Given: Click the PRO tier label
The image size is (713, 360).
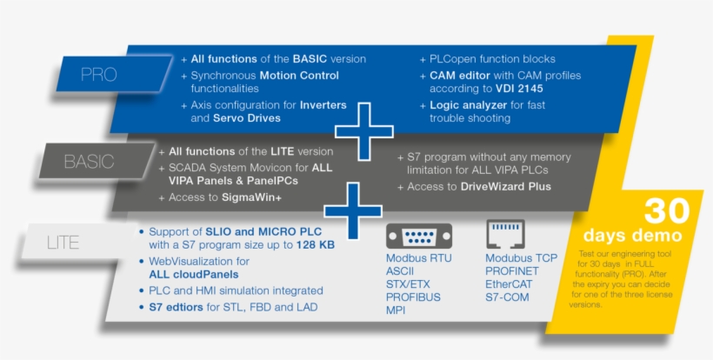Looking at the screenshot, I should tap(97, 75).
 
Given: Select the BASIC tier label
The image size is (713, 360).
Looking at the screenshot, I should tap(88, 162).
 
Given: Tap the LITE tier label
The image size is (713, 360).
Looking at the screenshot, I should tap(62, 243).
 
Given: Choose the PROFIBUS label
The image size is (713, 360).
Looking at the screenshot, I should tap(413, 297).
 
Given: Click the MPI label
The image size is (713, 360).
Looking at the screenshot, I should tap(396, 310).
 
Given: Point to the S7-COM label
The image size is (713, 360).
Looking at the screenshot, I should tap(507, 297).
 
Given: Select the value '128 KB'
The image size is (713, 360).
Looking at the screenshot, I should tap(315, 245).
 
